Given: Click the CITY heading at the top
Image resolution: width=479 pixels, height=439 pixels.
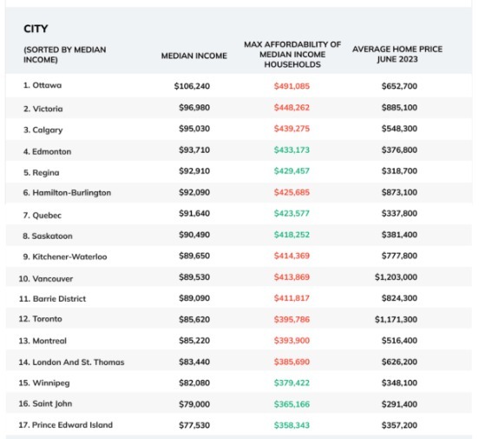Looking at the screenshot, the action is click(x=36, y=29).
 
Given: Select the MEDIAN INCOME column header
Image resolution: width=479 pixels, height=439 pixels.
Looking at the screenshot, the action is click(x=194, y=56).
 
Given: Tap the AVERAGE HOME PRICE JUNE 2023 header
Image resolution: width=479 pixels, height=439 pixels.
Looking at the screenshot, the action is click(x=397, y=54).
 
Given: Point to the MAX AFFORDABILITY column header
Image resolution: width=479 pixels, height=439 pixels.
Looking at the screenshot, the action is click(x=292, y=55).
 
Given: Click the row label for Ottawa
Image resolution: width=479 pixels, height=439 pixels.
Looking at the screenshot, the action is click(x=43, y=85).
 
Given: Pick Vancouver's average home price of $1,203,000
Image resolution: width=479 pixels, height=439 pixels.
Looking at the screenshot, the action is click(x=396, y=277).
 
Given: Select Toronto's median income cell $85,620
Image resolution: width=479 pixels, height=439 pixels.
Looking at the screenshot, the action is click(x=194, y=319).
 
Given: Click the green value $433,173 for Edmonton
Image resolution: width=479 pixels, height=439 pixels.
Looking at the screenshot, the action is click(x=292, y=150).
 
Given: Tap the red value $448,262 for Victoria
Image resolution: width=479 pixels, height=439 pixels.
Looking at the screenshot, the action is click(x=292, y=108).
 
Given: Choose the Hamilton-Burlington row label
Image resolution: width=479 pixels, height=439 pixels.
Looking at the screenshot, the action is click(x=67, y=193).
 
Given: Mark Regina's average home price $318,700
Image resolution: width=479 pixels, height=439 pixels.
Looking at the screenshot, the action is click(x=399, y=171).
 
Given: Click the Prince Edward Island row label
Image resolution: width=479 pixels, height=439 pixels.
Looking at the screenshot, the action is click(x=66, y=425).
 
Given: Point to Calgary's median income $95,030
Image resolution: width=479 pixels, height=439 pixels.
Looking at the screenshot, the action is click(x=194, y=129).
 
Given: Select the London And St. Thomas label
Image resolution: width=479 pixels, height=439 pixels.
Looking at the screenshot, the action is click(x=71, y=363).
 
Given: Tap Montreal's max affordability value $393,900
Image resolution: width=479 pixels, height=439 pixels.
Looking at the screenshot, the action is click(x=292, y=341).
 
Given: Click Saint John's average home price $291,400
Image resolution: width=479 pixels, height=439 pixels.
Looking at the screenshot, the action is click(x=399, y=404).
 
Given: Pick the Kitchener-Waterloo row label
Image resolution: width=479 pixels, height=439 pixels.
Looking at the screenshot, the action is click(x=65, y=256).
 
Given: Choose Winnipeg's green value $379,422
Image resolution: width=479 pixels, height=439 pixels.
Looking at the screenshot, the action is click(x=292, y=382).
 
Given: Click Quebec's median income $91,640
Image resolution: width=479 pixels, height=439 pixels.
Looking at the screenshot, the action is click(x=194, y=213).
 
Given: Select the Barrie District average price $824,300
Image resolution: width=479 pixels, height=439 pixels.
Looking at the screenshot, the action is click(x=399, y=298).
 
